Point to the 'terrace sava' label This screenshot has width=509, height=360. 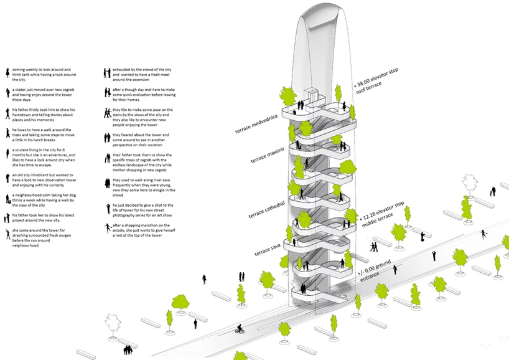pos(268,247)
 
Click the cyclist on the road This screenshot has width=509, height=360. pos(240,329)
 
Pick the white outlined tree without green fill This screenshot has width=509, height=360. pos(113,323)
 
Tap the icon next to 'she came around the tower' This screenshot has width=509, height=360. pos(6,235)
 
